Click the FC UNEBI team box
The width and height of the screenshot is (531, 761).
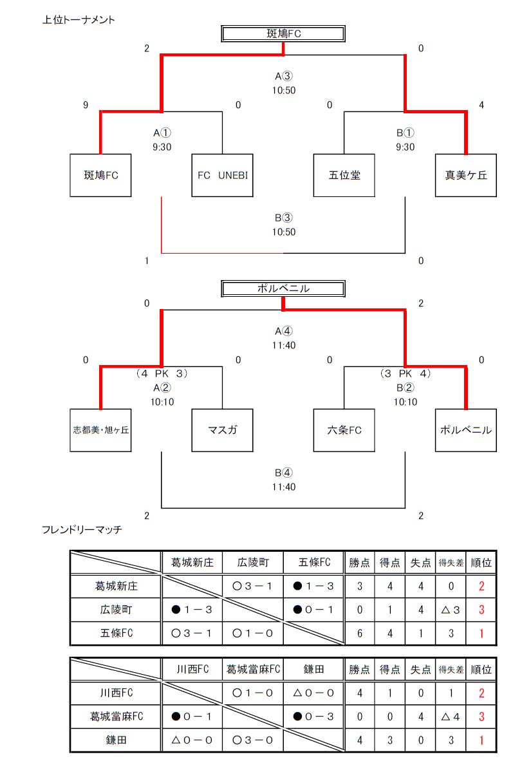pyautogui.click(x=222, y=175)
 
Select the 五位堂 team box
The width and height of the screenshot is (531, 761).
pyautogui.click(x=344, y=175)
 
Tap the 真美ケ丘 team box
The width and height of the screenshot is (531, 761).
pyautogui.click(x=466, y=175)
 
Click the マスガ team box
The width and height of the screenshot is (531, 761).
pyautogui.click(x=222, y=430)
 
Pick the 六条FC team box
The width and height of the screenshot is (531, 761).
pyautogui.click(x=344, y=430)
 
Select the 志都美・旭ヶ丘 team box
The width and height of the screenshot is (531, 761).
pyautogui.click(x=100, y=430)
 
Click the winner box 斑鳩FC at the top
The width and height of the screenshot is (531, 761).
pyautogui.click(x=283, y=34)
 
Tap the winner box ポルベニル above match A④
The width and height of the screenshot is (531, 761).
pyautogui.click(x=283, y=288)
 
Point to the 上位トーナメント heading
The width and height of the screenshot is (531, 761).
pyautogui.click(x=79, y=20)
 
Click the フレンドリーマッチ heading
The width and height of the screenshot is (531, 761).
pyautogui.click(x=82, y=529)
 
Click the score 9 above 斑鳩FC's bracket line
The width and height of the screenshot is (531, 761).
pyautogui.click(x=86, y=105)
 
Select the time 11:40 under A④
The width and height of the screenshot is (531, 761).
pyautogui.click(x=284, y=345)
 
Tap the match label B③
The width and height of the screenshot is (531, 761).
pyautogui.click(x=284, y=218)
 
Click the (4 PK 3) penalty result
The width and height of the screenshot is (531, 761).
pyautogui.click(x=162, y=373)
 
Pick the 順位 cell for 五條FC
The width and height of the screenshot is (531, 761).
pyautogui.click(x=481, y=634)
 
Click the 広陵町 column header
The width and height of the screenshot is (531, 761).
pyautogui.click(x=253, y=563)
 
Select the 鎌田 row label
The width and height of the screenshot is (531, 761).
pyautogui.click(x=116, y=740)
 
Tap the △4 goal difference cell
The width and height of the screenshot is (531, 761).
pyautogui.click(x=451, y=717)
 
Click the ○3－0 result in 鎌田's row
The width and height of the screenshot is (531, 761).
pyautogui.click(x=253, y=740)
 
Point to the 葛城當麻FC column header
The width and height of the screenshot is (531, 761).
pyautogui.click(x=253, y=670)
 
